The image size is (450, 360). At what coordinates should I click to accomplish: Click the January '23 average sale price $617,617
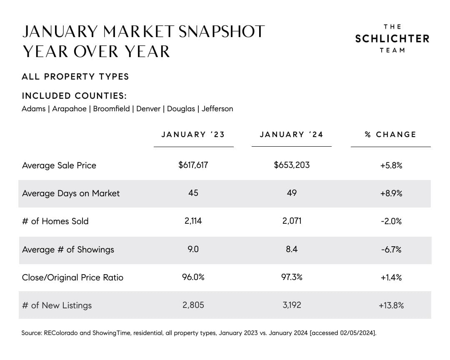pyautogui.click(x=193, y=165)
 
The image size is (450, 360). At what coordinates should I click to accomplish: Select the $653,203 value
pyautogui.click(x=292, y=165)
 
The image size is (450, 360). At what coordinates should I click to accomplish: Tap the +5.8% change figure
pyautogui.click(x=391, y=165)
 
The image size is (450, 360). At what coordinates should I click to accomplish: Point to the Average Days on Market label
pyautogui.click(x=71, y=193)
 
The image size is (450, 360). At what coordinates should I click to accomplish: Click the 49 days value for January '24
pyautogui.click(x=292, y=193)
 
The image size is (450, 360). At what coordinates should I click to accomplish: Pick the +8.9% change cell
pyautogui.click(x=391, y=193)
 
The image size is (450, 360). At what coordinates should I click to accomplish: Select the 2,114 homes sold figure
pyautogui.click(x=193, y=221)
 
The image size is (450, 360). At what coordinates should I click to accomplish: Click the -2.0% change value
pyautogui.click(x=391, y=221)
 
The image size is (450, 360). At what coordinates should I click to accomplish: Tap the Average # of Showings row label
pyautogui.click(x=68, y=250)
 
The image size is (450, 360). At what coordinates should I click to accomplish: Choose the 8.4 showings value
pyautogui.click(x=292, y=249)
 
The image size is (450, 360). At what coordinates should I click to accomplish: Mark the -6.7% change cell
pyautogui.click(x=391, y=250)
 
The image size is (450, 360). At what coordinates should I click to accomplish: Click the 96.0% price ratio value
pyautogui.click(x=193, y=277)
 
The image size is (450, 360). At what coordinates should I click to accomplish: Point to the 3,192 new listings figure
pyautogui.click(x=292, y=305)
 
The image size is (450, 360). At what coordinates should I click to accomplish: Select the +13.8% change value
pyautogui.click(x=391, y=305)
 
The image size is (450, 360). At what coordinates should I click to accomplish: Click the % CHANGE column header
pyautogui.click(x=390, y=135)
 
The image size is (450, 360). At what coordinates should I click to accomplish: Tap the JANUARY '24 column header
pyautogui.click(x=291, y=135)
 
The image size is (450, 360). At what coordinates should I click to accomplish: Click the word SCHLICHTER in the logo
pyautogui.click(x=392, y=39)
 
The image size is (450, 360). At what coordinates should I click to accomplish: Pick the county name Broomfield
pyautogui.click(x=111, y=109)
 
